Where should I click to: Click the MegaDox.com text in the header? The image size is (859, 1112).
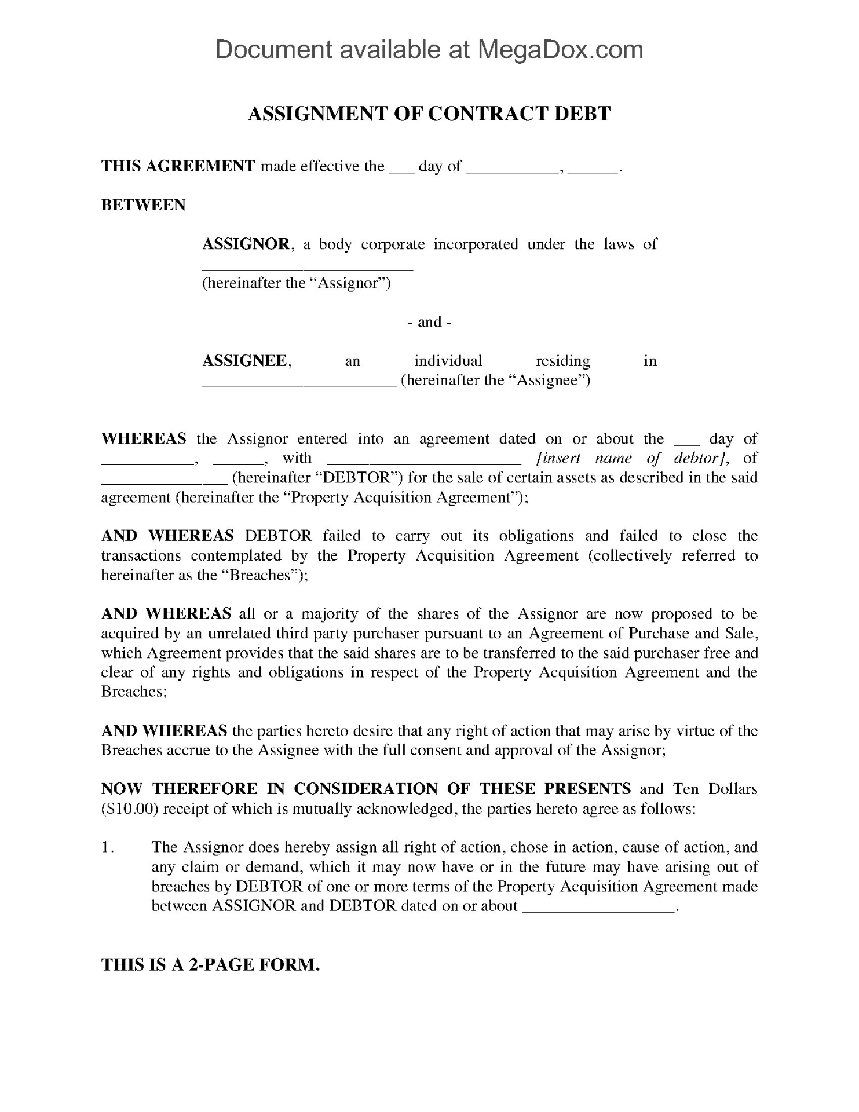pyautogui.click(x=560, y=50)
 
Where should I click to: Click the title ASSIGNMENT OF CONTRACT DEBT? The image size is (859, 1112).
pyautogui.click(x=429, y=114)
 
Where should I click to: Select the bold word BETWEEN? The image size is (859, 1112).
pyautogui.click(x=143, y=205)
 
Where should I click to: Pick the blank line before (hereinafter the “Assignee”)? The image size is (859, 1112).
pyautogui.click(x=298, y=384)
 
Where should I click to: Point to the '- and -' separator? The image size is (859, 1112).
pyautogui.click(x=429, y=322)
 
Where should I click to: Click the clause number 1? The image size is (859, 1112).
pyautogui.click(x=107, y=847)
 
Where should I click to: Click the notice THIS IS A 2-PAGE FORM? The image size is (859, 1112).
pyautogui.click(x=210, y=964)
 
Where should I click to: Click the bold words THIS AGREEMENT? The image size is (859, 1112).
pyautogui.click(x=178, y=166)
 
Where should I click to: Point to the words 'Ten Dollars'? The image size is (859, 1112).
pyautogui.click(x=715, y=789)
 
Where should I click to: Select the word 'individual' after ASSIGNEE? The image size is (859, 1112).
pyautogui.click(x=448, y=361)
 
